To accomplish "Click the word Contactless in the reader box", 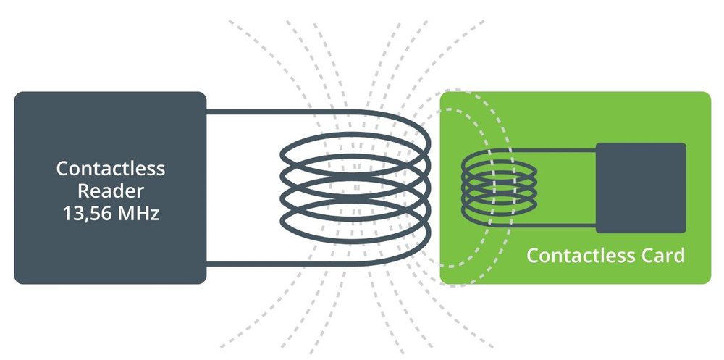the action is (111, 169).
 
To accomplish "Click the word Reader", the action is (111, 191).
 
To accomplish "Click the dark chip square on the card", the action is (641, 188).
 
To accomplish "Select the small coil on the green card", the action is (499, 188).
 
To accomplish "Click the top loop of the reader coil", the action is (355, 134).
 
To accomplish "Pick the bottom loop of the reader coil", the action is (355, 242).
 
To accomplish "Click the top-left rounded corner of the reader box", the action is (17, 94).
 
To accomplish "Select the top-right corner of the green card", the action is (708, 94).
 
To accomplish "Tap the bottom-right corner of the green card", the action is (708, 282).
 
